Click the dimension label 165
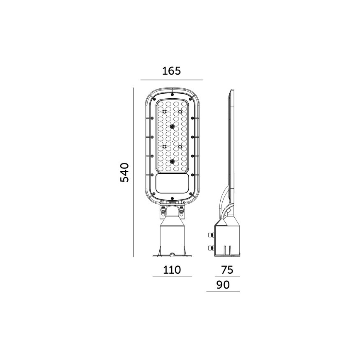point(171,71)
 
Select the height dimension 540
point(125,172)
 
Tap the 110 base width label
point(171,270)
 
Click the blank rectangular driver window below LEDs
point(172,182)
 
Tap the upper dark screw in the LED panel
point(172,126)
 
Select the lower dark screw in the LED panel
point(172,161)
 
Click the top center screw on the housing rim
point(172,92)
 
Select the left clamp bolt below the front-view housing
point(163,212)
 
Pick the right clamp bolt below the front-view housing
point(181,212)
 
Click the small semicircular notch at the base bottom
point(172,254)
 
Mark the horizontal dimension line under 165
point(171,79)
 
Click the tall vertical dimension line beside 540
point(134,172)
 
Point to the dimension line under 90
point(223,291)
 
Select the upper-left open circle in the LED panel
point(164,112)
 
